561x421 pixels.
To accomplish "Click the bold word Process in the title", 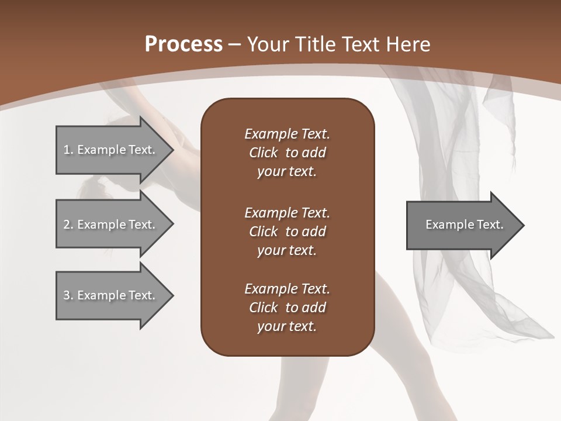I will tap(183, 44).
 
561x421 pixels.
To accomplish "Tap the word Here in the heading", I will tap(408, 44).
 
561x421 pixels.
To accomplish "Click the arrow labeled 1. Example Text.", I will tap(111, 150).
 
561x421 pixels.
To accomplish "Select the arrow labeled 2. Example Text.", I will tap(111, 225).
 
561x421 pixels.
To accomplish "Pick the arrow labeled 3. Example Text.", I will tap(111, 295).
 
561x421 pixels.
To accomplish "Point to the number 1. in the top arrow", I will tap(68, 150).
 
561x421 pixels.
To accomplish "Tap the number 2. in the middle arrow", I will tap(68, 225).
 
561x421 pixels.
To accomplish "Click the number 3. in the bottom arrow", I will tap(68, 295).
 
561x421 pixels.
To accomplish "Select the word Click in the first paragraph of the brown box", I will tap(264, 153).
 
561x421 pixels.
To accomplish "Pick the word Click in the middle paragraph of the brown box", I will tap(264, 232).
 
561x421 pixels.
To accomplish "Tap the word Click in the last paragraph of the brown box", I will tap(264, 308).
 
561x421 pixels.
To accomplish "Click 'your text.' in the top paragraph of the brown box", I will tap(287, 172).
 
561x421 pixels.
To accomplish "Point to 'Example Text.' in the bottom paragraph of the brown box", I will tap(287, 289).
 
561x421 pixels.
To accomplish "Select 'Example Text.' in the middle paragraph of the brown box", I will tap(287, 213).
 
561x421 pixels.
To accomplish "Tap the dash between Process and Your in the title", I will tap(235, 44).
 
